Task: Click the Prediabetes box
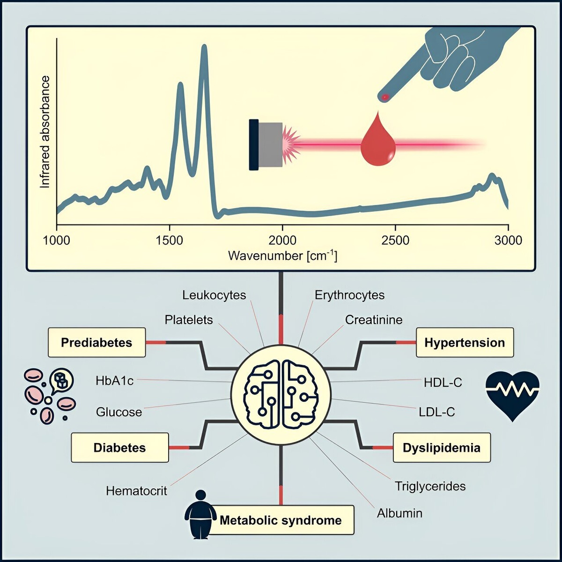coord(96,342)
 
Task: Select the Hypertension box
coord(465,342)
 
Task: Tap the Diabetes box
coord(119,448)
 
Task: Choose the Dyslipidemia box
coord(441,448)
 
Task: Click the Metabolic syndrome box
coord(281,520)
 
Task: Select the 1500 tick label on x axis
coord(169,240)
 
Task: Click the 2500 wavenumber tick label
coord(395,240)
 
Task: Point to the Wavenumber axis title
coord(282,256)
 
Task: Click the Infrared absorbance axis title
coord(45,132)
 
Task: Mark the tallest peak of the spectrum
coord(204,47)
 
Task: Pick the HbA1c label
coord(115,381)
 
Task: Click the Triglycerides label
coord(430,486)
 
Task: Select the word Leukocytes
coord(214,295)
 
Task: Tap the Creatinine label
coord(374,320)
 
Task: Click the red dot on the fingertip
coord(385,97)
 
